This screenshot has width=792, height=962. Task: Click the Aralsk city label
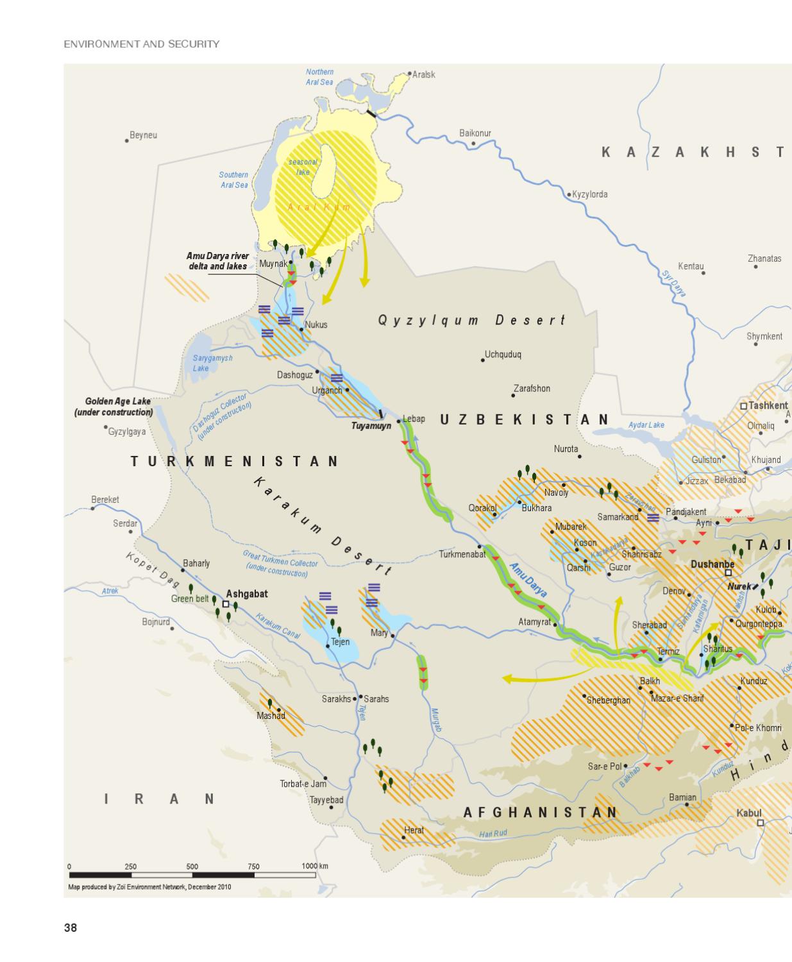pos(424,74)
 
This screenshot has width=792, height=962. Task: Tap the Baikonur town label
pos(475,133)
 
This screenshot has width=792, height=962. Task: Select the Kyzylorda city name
pos(589,194)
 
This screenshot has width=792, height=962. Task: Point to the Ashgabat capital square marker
pos(226,604)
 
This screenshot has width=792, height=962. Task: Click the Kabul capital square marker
pos(761,823)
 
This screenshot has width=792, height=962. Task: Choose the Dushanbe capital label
pos(712,564)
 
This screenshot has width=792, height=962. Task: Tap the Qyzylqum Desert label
pos(471,320)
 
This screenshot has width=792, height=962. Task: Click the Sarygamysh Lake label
pos(212,363)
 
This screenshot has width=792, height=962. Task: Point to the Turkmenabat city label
pos(462,554)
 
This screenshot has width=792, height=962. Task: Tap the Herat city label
pos(414,830)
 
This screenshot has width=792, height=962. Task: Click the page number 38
pos(70,927)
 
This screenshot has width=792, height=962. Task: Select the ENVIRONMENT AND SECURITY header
pos(142,44)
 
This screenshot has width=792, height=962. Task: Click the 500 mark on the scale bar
pos(192,866)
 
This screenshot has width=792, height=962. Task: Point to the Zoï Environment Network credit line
pos(149,887)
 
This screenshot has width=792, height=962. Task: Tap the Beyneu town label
pos(143,135)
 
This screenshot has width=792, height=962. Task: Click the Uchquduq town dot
pos(483,360)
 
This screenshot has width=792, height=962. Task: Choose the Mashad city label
pos(271,716)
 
